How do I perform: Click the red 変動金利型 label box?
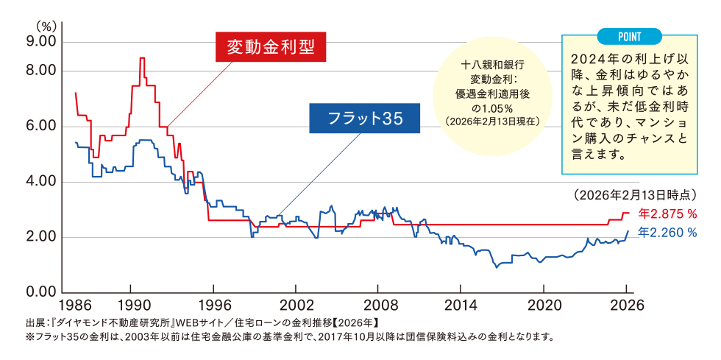click(270, 47)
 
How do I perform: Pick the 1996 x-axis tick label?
click(213, 305)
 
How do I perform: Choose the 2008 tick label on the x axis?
click(379, 305)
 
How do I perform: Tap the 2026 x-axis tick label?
click(627, 305)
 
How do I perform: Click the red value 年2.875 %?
click(667, 214)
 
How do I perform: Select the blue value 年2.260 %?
click(667, 233)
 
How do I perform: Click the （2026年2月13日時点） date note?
click(633, 195)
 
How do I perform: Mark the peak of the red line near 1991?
click(142, 58)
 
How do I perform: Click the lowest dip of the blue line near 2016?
click(497, 267)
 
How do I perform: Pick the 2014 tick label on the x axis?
click(461, 305)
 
